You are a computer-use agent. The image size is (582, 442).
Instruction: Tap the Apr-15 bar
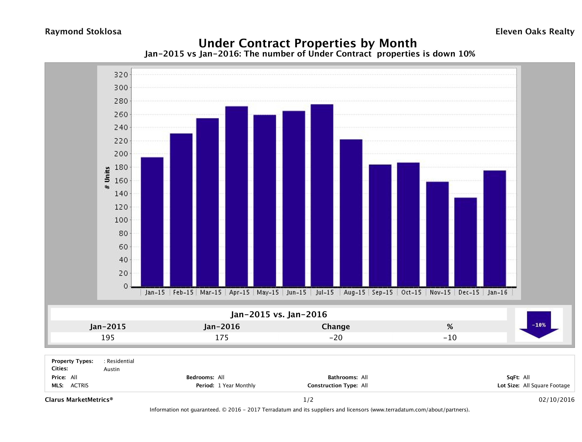(237, 196)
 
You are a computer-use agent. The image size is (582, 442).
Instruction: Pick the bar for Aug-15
(351, 213)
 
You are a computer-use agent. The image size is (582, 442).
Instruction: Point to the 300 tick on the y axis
(121, 88)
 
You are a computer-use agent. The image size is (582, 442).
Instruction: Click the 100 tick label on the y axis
(121, 220)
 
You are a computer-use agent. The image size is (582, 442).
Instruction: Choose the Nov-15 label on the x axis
(440, 292)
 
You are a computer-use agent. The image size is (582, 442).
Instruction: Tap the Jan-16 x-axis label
(497, 292)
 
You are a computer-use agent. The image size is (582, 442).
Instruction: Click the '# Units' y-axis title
(107, 178)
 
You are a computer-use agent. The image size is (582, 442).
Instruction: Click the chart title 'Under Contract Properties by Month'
(308, 43)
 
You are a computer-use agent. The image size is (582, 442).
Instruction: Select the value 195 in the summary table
(108, 338)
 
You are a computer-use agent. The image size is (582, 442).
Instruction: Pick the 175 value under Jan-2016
(222, 338)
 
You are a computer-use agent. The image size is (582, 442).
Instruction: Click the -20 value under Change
(336, 338)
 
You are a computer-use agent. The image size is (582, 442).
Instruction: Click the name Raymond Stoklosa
(83, 32)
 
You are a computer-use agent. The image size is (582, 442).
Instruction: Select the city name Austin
(112, 369)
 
